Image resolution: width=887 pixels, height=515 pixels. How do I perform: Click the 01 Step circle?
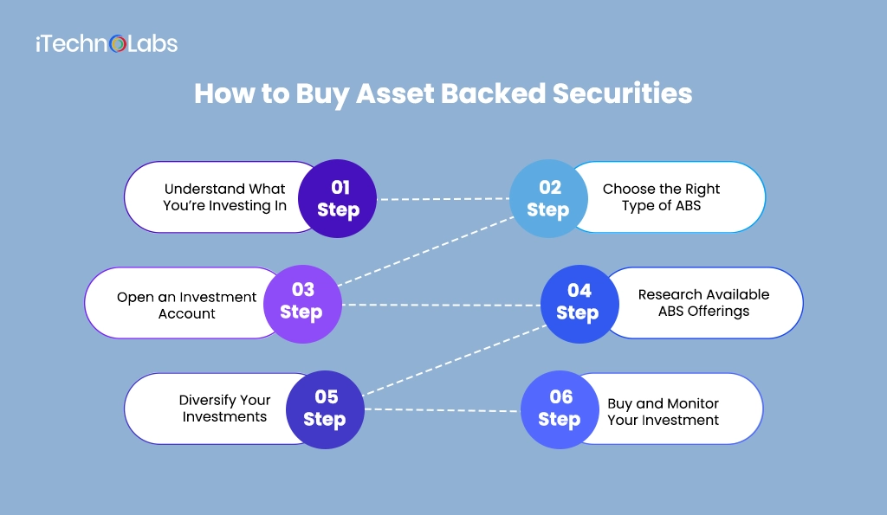[337, 198]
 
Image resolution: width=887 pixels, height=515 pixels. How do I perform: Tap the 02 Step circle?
[548, 198]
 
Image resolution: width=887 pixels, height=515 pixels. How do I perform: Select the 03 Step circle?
[301, 301]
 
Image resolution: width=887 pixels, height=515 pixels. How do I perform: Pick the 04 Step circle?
[579, 302]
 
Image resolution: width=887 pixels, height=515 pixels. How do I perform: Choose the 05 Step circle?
[325, 409]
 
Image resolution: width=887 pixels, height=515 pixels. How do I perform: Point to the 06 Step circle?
[560, 409]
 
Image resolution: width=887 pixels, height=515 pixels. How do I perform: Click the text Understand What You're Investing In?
[224, 197]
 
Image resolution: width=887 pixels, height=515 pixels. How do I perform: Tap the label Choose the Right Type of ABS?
[661, 197]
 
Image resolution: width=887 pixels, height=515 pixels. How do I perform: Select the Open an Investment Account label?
[186, 305]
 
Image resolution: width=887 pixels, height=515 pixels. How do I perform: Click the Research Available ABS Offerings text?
[703, 303]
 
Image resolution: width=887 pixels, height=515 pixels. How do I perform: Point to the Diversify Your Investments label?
[224, 409]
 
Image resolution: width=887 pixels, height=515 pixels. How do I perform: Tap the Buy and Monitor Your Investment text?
[663, 412]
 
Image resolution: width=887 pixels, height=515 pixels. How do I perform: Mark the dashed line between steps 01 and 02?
[443, 199]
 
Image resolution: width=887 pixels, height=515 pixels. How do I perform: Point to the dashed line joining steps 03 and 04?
[442, 305]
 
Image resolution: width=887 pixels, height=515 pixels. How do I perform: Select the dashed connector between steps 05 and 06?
[442, 410]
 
